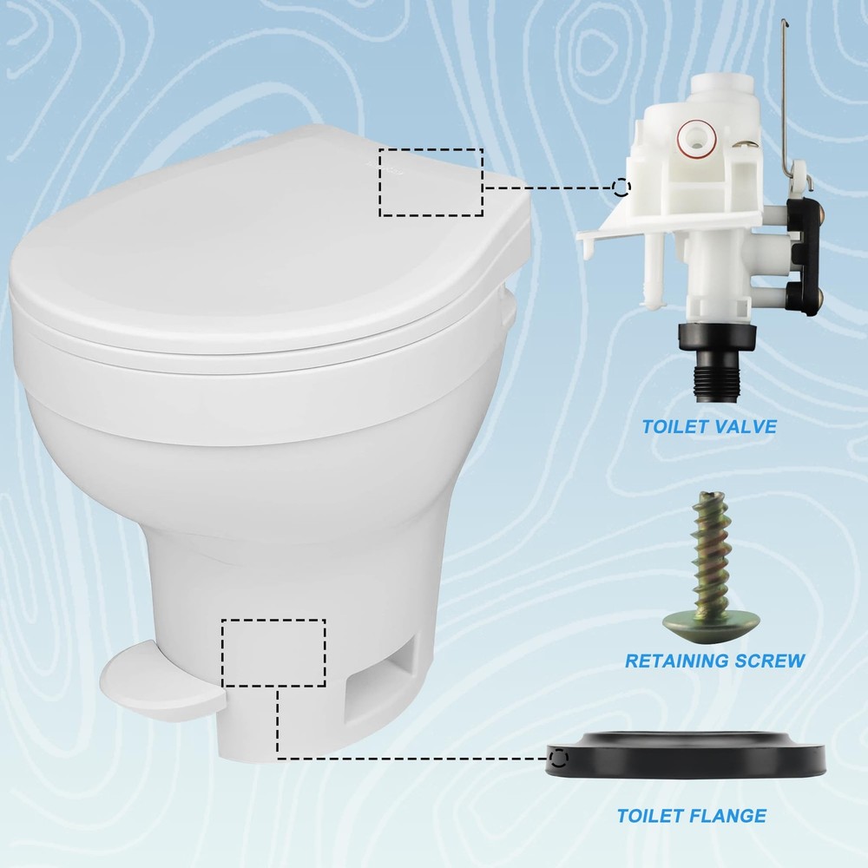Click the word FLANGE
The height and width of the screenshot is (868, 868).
pos(729,816)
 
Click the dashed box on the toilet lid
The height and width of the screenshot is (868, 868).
pos(431,182)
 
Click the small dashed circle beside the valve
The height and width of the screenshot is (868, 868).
pos(620,187)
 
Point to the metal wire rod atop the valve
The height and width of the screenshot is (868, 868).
pos(786,95)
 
